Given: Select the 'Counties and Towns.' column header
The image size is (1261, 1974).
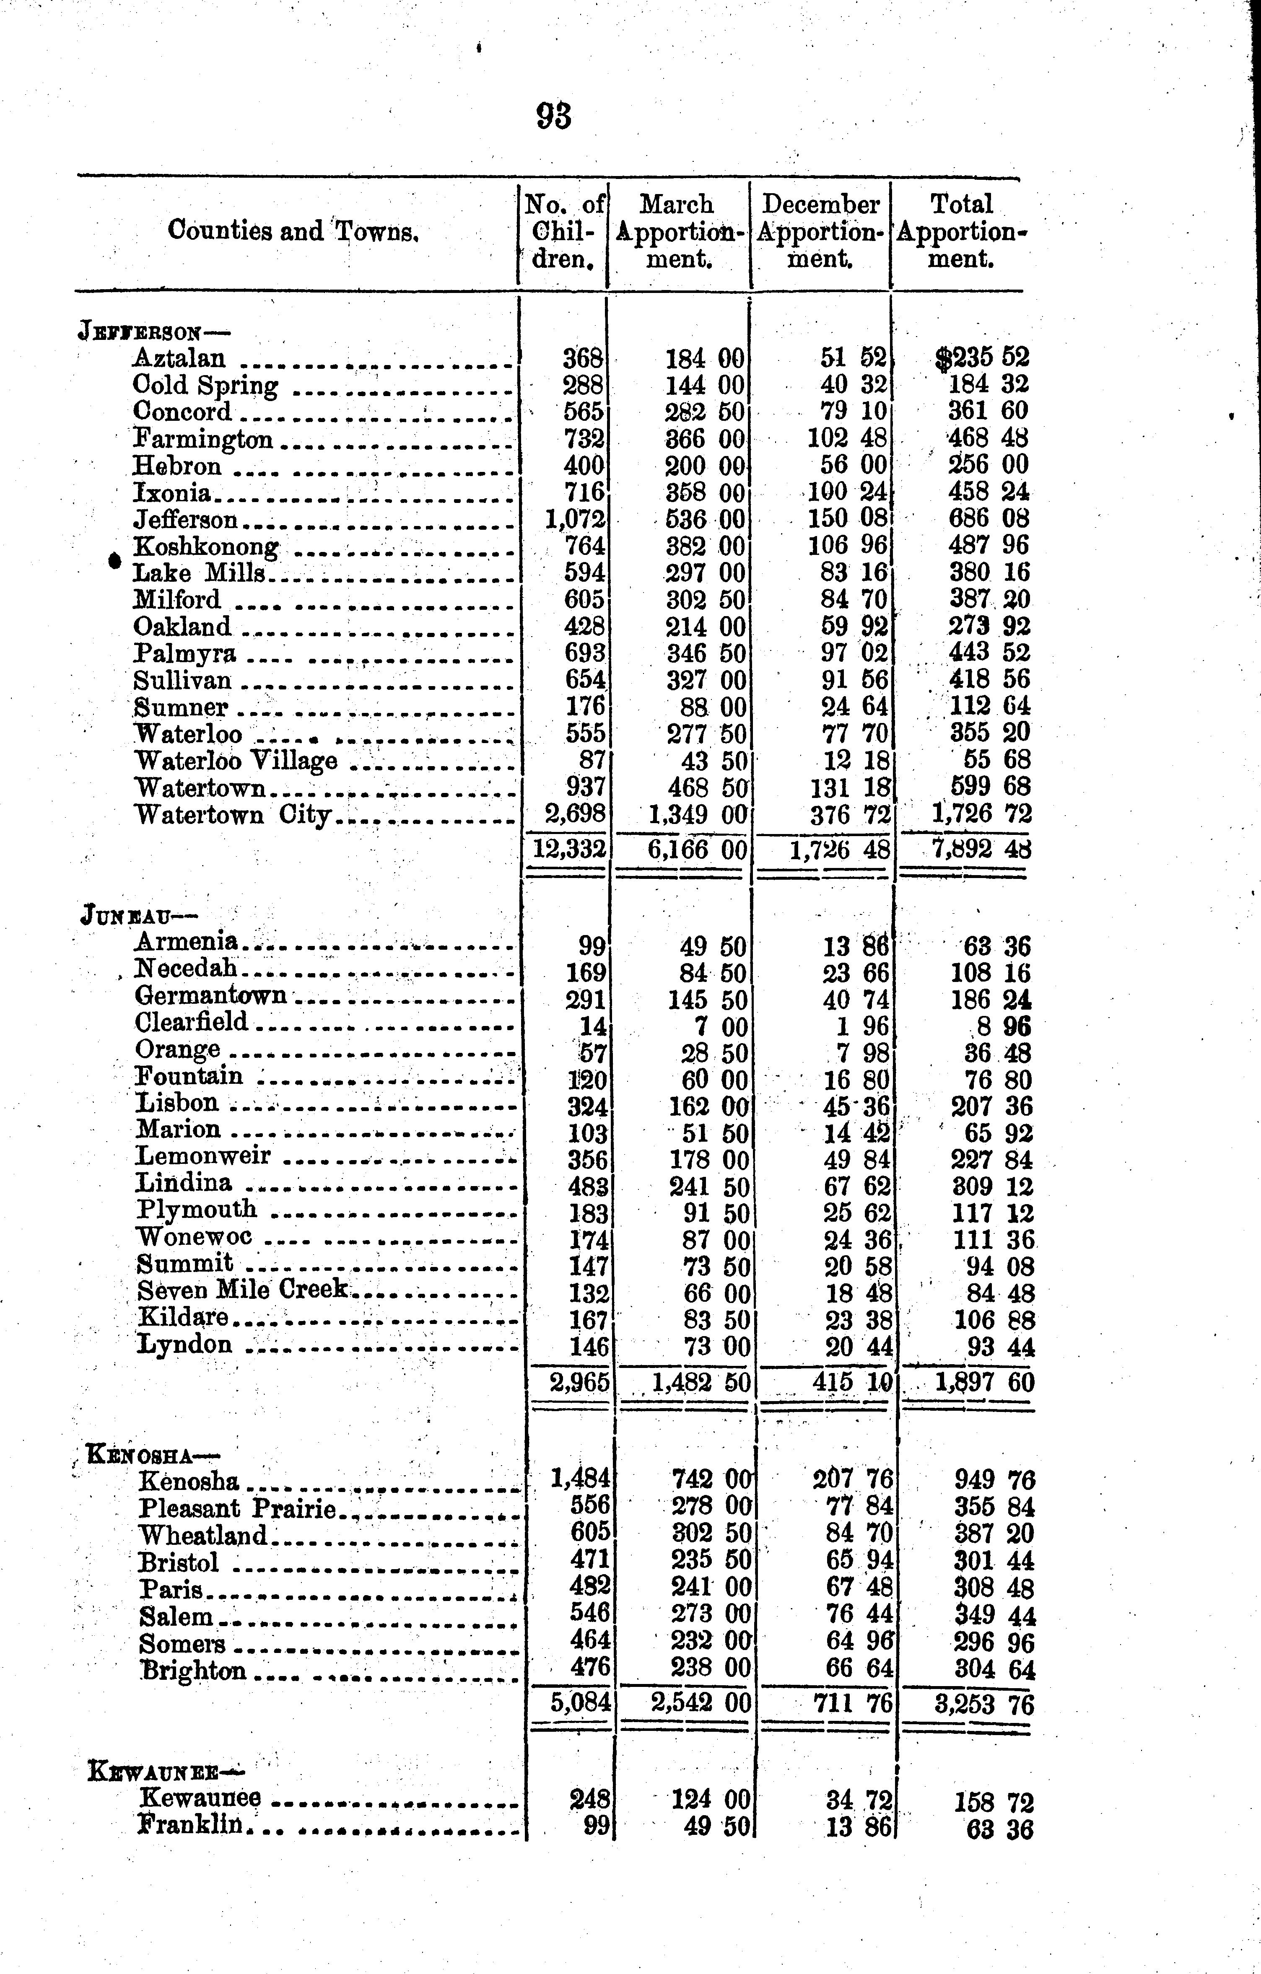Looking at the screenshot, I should (x=293, y=231).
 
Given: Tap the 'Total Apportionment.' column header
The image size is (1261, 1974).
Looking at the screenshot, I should (x=961, y=231).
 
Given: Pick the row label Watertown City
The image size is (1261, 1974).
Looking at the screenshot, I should (x=232, y=815).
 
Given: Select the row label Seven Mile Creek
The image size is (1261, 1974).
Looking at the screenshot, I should (x=243, y=1290).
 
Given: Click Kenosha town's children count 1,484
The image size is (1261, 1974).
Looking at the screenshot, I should (x=581, y=1478).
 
